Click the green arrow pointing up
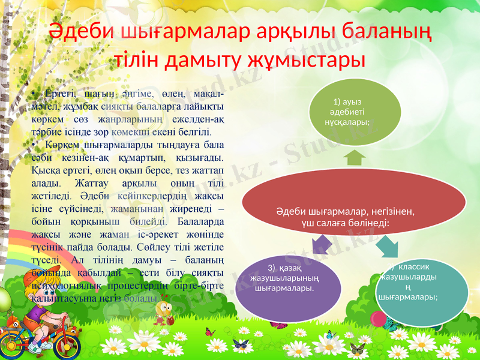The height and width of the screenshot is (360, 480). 356,158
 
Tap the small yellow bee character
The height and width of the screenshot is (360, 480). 163,309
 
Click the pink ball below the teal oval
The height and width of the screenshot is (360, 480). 378,319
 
